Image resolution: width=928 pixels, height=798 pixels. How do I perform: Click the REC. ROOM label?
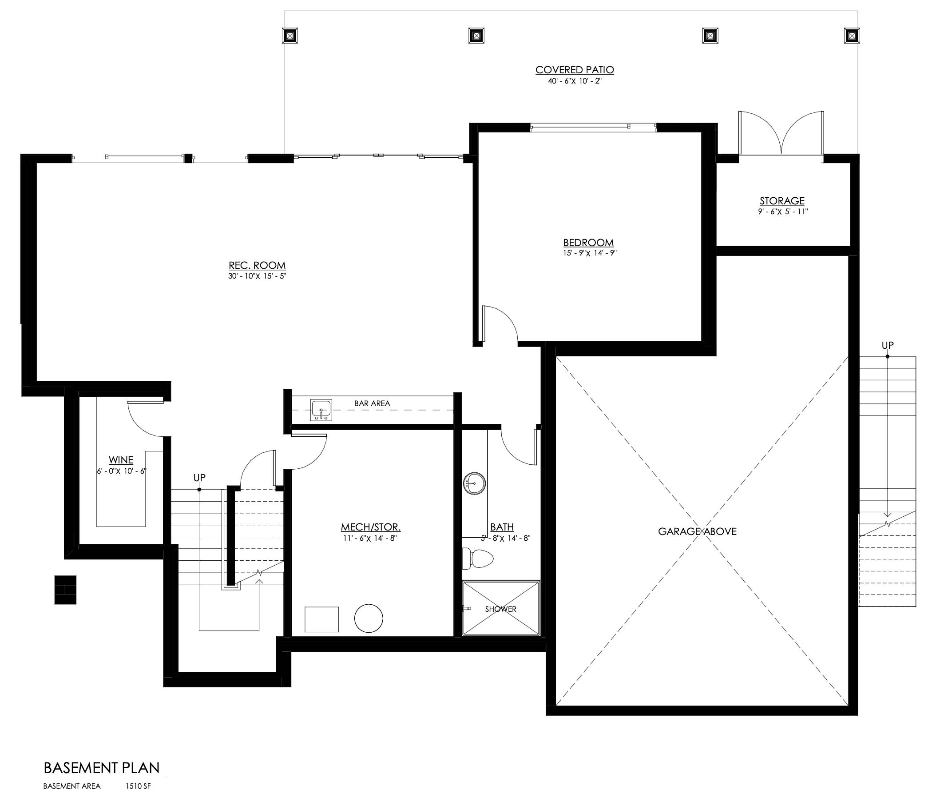257,265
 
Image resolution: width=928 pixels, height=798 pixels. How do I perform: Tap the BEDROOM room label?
588,243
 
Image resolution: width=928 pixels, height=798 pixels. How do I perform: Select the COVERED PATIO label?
575,70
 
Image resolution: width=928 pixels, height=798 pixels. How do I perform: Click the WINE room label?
121,460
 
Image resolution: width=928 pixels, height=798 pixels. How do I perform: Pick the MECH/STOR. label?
370,527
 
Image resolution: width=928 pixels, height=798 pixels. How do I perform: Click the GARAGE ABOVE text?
698,531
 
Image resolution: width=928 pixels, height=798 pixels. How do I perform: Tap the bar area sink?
321,411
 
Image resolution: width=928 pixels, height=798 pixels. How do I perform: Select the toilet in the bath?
477,558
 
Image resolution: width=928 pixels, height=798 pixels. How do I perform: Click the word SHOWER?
501,609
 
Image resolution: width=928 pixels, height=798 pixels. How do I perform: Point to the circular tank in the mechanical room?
369,618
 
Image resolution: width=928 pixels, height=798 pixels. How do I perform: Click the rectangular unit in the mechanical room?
321,619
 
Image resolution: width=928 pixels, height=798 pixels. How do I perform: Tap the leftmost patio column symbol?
290,35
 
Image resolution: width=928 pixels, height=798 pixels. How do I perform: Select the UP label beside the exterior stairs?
888,345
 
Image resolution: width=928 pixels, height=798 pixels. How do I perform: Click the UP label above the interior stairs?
200,478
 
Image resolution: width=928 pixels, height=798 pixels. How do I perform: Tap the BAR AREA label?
372,403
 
